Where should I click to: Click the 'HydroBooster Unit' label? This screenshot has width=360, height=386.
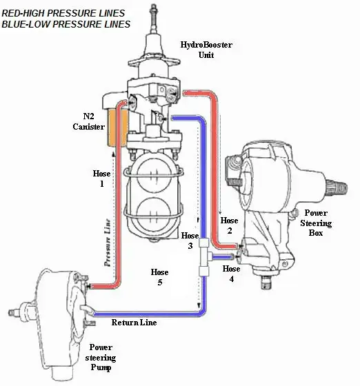pyautogui.click(x=206, y=50)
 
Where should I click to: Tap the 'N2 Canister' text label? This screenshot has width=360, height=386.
pyautogui.click(x=89, y=121)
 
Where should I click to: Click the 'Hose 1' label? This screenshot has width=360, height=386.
pyautogui.click(x=101, y=179)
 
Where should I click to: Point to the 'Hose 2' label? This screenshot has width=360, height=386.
pyautogui.click(x=229, y=225)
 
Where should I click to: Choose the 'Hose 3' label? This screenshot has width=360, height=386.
pyautogui.click(x=190, y=241)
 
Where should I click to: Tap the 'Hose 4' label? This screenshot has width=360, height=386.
pyautogui.click(x=231, y=274)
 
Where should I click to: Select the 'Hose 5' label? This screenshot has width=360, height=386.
pyautogui.click(x=160, y=277)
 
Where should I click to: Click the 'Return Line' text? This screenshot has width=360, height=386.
pyautogui.click(x=134, y=323)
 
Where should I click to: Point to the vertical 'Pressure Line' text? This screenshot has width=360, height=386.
pyautogui.click(x=108, y=243)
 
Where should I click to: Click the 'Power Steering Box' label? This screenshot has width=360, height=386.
pyautogui.click(x=316, y=223)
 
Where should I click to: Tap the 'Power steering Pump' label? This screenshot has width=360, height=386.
pyautogui.click(x=101, y=357)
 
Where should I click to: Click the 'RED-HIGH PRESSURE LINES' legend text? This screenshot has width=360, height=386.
pyautogui.click(x=63, y=13)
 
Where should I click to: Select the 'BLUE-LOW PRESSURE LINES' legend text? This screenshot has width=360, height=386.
pyautogui.click(x=66, y=24)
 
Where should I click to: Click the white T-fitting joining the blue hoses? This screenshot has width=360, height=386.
pyautogui.click(x=204, y=256)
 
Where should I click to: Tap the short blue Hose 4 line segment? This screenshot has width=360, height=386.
pyautogui.click(x=222, y=257)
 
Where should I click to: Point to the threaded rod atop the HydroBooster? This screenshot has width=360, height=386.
pyautogui.click(x=154, y=19)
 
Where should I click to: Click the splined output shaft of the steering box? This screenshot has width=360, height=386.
pyautogui.click(x=337, y=189)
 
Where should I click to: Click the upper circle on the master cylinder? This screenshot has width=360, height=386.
pyautogui.click(x=154, y=175)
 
